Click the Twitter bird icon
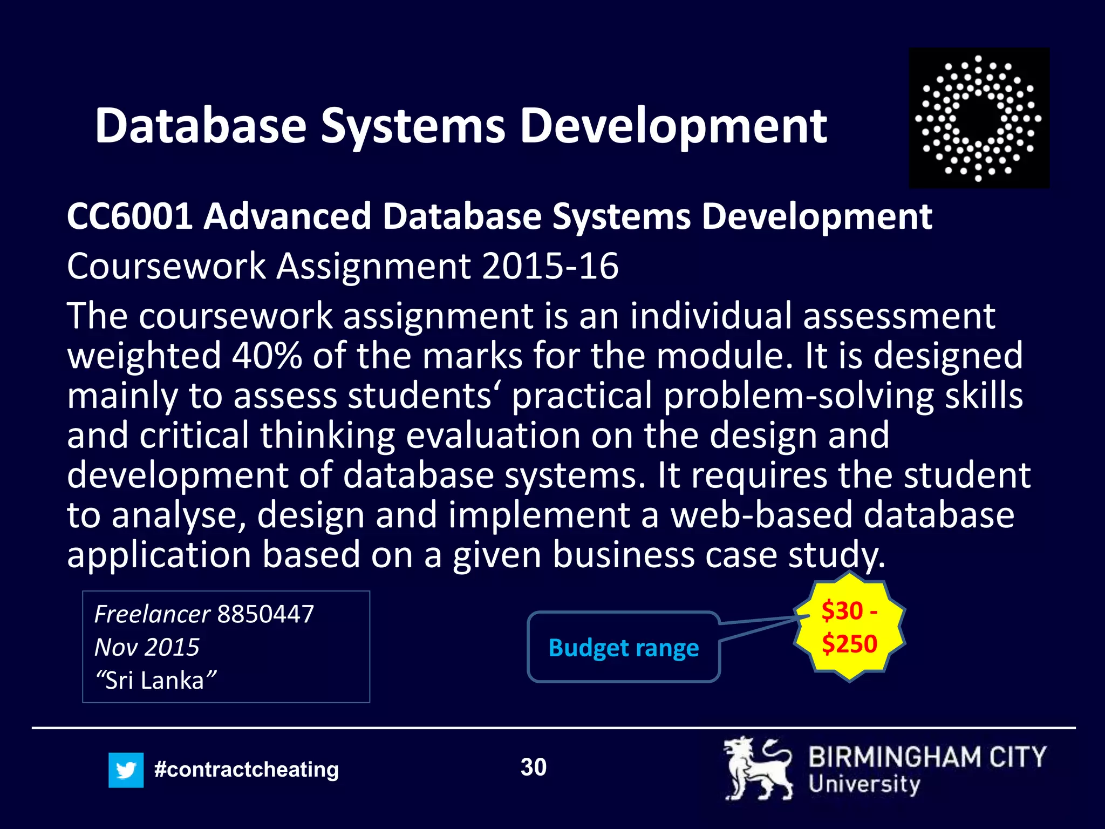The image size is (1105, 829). pos(126,770)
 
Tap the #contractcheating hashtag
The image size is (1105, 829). pos(247,769)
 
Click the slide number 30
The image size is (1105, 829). pos(533,767)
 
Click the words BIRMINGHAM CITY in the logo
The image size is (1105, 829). pos(927,757)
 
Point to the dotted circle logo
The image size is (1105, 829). pos(979,118)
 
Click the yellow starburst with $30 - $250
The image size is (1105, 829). pos(849,627)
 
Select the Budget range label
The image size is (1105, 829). pos(623,647)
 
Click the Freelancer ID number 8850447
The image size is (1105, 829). pos(265,614)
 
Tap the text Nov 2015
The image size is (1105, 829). pos(147,647)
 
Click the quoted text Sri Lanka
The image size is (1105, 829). pos(155,680)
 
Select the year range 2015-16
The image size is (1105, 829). pos(550,266)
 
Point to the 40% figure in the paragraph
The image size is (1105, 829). pos(267,356)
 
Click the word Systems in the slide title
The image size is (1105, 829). pos(413,126)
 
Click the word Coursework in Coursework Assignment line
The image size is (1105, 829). pos(166,266)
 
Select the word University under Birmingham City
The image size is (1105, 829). pos(864,784)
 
